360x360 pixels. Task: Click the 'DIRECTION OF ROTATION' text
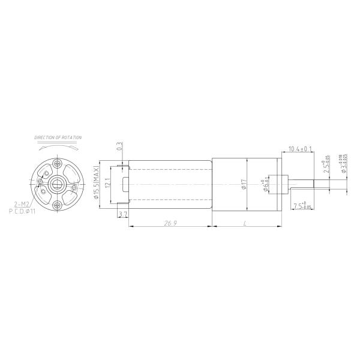click(58, 137)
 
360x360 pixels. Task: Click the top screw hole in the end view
click(57, 163)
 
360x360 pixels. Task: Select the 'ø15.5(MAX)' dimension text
click(96, 184)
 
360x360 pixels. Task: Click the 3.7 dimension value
click(123, 214)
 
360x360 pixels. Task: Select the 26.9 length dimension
click(170, 223)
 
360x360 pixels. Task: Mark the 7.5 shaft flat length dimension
click(302, 207)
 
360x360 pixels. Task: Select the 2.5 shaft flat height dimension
click(326, 166)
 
